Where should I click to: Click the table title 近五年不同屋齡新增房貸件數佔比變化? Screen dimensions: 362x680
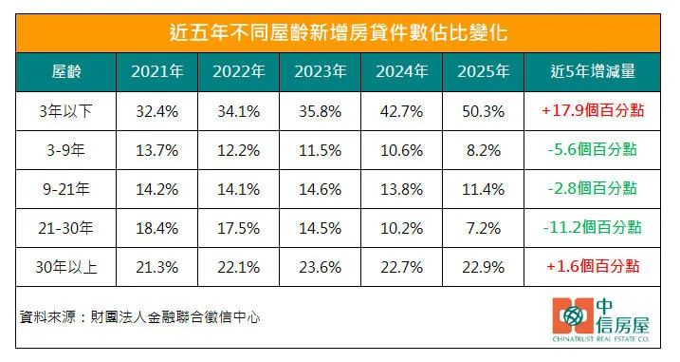pos(340,31)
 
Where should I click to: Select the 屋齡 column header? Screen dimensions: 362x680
pos(65,71)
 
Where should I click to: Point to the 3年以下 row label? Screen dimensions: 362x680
pos(65,110)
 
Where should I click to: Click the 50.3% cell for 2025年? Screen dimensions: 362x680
pos(483,110)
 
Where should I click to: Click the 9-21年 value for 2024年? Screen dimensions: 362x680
pos(401,188)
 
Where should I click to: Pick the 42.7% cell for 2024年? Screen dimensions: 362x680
pos(401,110)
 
